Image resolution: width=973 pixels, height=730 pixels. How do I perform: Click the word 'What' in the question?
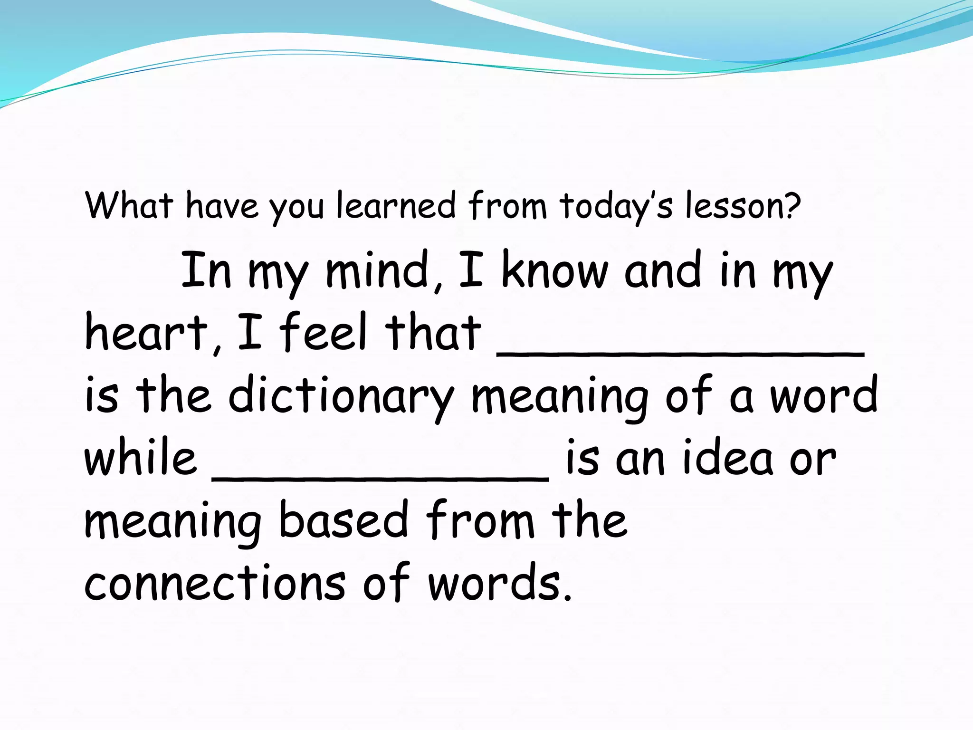click(129, 205)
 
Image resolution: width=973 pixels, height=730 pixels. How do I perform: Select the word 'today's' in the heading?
click(616, 206)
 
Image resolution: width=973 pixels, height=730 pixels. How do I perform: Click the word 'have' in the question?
click(222, 205)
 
